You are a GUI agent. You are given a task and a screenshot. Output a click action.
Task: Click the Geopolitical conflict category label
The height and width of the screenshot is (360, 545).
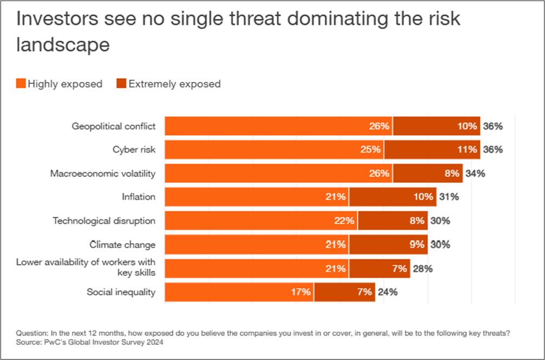[x=114, y=126]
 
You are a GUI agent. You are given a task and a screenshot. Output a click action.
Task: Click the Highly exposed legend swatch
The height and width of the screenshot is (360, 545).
[x=21, y=84]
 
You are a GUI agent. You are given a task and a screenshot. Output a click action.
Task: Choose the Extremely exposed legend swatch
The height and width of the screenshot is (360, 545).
[x=121, y=84]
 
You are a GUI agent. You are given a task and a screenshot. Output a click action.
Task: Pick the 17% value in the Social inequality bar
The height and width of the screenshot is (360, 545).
[x=300, y=292]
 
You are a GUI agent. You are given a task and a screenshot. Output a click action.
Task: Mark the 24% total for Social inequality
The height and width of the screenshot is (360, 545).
[x=388, y=292]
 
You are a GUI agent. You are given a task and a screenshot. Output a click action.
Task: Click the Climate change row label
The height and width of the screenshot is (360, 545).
[x=123, y=245]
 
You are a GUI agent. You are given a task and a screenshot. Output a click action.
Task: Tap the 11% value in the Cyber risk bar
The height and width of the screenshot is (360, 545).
[x=467, y=149]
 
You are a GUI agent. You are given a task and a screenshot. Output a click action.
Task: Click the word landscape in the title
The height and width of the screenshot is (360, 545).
[x=63, y=45]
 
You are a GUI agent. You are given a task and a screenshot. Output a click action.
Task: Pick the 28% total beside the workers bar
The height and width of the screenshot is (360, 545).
[x=422, y=268]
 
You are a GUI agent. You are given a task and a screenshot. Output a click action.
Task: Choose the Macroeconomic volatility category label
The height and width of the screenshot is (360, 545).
[x=103, y=174]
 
